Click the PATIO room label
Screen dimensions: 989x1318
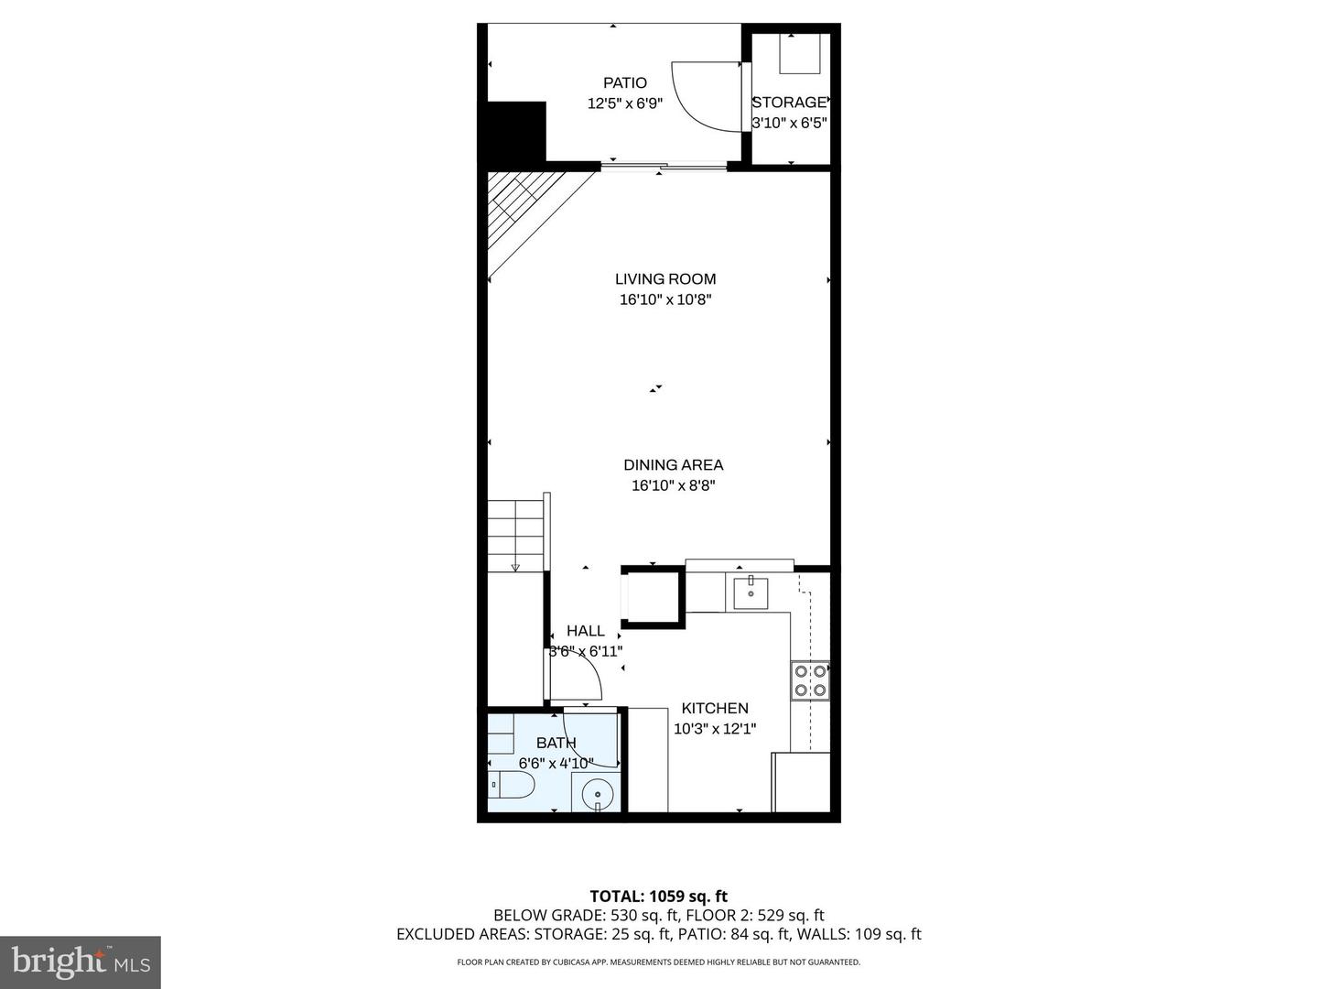click(625, 83)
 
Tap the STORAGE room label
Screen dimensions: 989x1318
click(789, 103)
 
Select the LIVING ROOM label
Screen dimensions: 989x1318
click(665, 279)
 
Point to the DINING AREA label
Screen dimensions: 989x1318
click(674, 465)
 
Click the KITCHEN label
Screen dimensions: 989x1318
click(715, 708)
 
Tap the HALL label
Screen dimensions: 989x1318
click(586, 631)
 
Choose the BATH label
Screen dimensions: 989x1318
click(556, 743)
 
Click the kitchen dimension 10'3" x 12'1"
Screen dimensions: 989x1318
click(715, 729)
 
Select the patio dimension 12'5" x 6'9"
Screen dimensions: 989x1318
click(625, 103)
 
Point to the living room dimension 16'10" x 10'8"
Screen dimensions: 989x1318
click(665, 299)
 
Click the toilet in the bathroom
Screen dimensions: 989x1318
click(512, 785)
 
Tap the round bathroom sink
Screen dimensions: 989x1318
click(597, 793)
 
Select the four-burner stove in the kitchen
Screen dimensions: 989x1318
click(810, 680)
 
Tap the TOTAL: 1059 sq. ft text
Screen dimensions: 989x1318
click(659, 897)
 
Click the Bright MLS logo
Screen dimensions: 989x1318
click(81, 962)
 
